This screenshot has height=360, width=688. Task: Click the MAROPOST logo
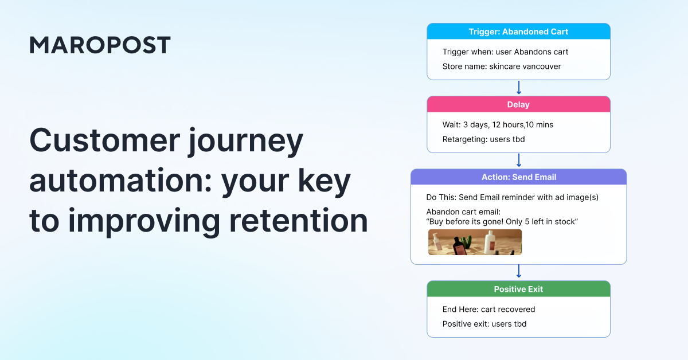tap(100, 45)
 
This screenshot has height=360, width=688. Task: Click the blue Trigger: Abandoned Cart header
tap(518, 32)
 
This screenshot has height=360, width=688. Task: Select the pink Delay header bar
tap(518, 104)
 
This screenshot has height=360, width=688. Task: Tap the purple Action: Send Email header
tap(518, 177)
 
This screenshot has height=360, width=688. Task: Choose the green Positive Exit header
tap(518, 289)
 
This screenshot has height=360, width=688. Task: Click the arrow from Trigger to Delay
tap(518, 88)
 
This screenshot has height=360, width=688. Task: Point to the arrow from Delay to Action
tap(518, 161)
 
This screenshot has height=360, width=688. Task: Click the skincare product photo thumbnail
tap(475, 242)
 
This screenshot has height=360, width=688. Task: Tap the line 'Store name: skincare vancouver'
tap(502, 66)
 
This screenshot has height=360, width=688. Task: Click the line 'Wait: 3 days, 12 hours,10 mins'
tap(498, 124)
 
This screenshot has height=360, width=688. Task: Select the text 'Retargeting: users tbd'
tap(484, 139)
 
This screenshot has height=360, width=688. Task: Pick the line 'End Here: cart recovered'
tap(488, 309)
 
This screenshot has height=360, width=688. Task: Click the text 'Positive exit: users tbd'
tap(484, 324)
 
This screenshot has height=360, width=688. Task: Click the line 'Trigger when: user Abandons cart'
tap(505, 52)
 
